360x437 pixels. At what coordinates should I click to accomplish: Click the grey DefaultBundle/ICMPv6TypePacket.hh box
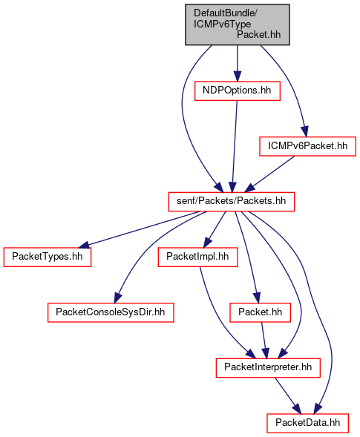click(238, 24)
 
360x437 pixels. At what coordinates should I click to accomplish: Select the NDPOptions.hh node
click(238, 91)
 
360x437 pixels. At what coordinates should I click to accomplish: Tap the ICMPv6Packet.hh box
click(307, 146)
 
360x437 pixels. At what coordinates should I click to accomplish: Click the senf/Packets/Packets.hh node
click(232, 202)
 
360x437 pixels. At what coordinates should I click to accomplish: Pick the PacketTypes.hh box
click(48, 257)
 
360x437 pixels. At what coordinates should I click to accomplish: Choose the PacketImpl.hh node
click(197, 257)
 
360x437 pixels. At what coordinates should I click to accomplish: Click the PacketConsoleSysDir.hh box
click(111, 312)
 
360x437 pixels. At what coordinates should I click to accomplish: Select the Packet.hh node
click(261, 312)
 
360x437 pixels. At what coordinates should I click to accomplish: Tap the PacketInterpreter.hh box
click(268, 368)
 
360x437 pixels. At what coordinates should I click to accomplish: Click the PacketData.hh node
click(307, 423)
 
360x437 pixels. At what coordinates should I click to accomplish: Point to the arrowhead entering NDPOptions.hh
click(238, 76)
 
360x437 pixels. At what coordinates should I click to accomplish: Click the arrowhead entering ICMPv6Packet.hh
click(305, 132)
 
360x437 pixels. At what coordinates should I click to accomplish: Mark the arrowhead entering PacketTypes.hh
click(84, 246)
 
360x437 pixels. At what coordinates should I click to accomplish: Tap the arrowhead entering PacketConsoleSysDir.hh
click(118, 298)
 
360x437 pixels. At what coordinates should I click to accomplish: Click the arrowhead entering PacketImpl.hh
click(207, 243)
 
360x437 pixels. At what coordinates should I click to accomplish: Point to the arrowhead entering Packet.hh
click(257, 298)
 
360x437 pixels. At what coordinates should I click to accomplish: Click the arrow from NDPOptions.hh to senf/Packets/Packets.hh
click(235, 146)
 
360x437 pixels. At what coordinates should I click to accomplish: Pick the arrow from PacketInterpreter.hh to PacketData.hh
click(288, 395)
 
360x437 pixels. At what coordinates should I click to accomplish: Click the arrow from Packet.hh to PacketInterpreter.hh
click(264, 341)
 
